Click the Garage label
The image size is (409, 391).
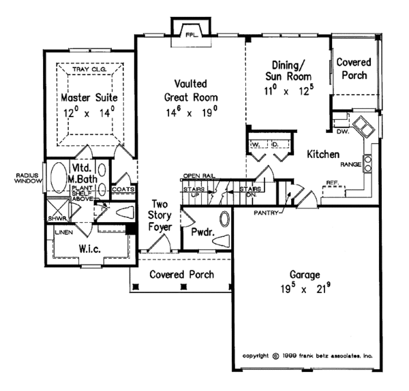298,276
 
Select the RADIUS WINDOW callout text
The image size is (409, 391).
21,178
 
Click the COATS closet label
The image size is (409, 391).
123,190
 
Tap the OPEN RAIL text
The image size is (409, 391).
199,176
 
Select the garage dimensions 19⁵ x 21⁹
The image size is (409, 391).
298,290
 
